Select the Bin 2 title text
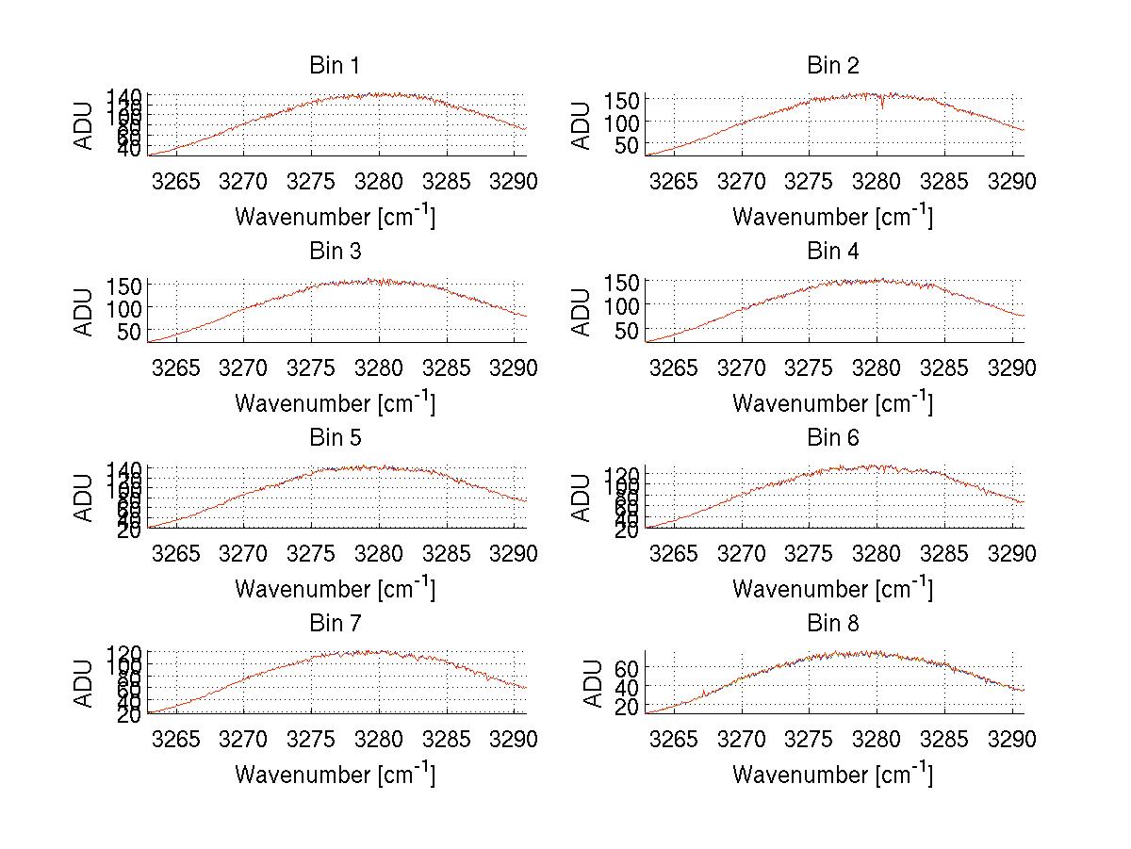(832, 65)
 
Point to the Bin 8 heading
(832, 623)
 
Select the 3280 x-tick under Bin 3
(379, 367)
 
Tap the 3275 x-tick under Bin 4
(810, 367)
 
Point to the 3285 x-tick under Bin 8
(944, 739)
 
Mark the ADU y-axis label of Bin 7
(85, 683)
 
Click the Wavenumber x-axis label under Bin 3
(335, 402)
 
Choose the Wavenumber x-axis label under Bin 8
(832, 774)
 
